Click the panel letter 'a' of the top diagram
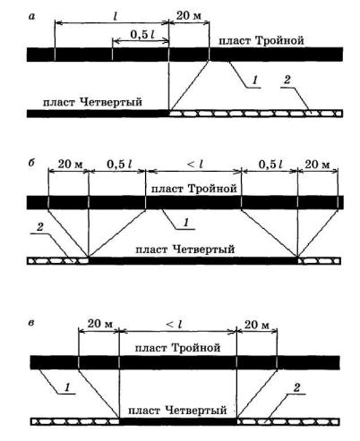click(x=31, y=16)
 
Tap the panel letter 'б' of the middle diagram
click(x=32, y=163)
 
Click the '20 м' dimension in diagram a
click(x=189, y=15)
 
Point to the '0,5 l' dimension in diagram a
click(x=142, y=35)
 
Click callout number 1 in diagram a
click(x=254, y=80)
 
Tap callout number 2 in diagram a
click(x=287, y=80)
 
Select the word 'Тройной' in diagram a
click(x=279, y=41)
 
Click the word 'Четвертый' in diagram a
click(x=111, y=102)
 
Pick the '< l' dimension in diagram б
click(x=195, y=164)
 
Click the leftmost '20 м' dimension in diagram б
click(x=70, y=164)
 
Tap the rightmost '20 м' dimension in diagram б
click(x=317, y=164)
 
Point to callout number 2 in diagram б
click(x=39, y=227)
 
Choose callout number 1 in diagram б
click(x=186, y=223)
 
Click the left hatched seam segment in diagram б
click(x=58, y=260)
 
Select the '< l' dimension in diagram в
click(x=174, y=324)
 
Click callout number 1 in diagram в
click(x=67, y=387)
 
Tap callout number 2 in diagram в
click(x=296, y=387)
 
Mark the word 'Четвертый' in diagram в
click(x=195, y=411)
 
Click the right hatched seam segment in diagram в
click(x=288, y=421)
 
